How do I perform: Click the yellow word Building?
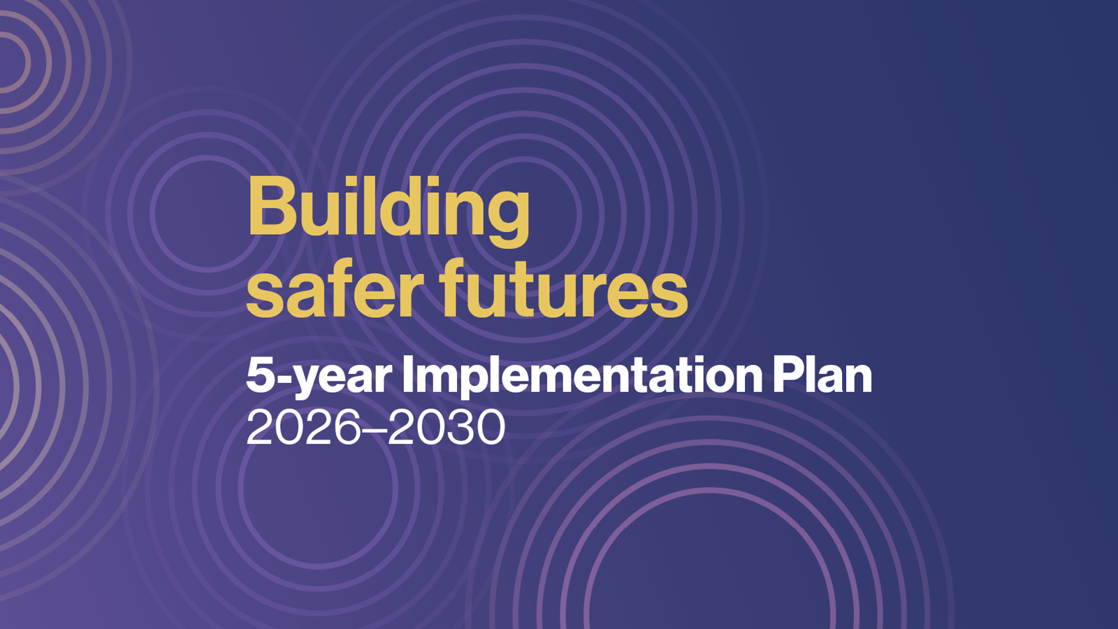(x=389, y=212)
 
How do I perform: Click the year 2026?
(x=303, y=428)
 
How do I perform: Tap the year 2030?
(x=447, y=428)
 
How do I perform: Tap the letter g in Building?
(x=504, y=219)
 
